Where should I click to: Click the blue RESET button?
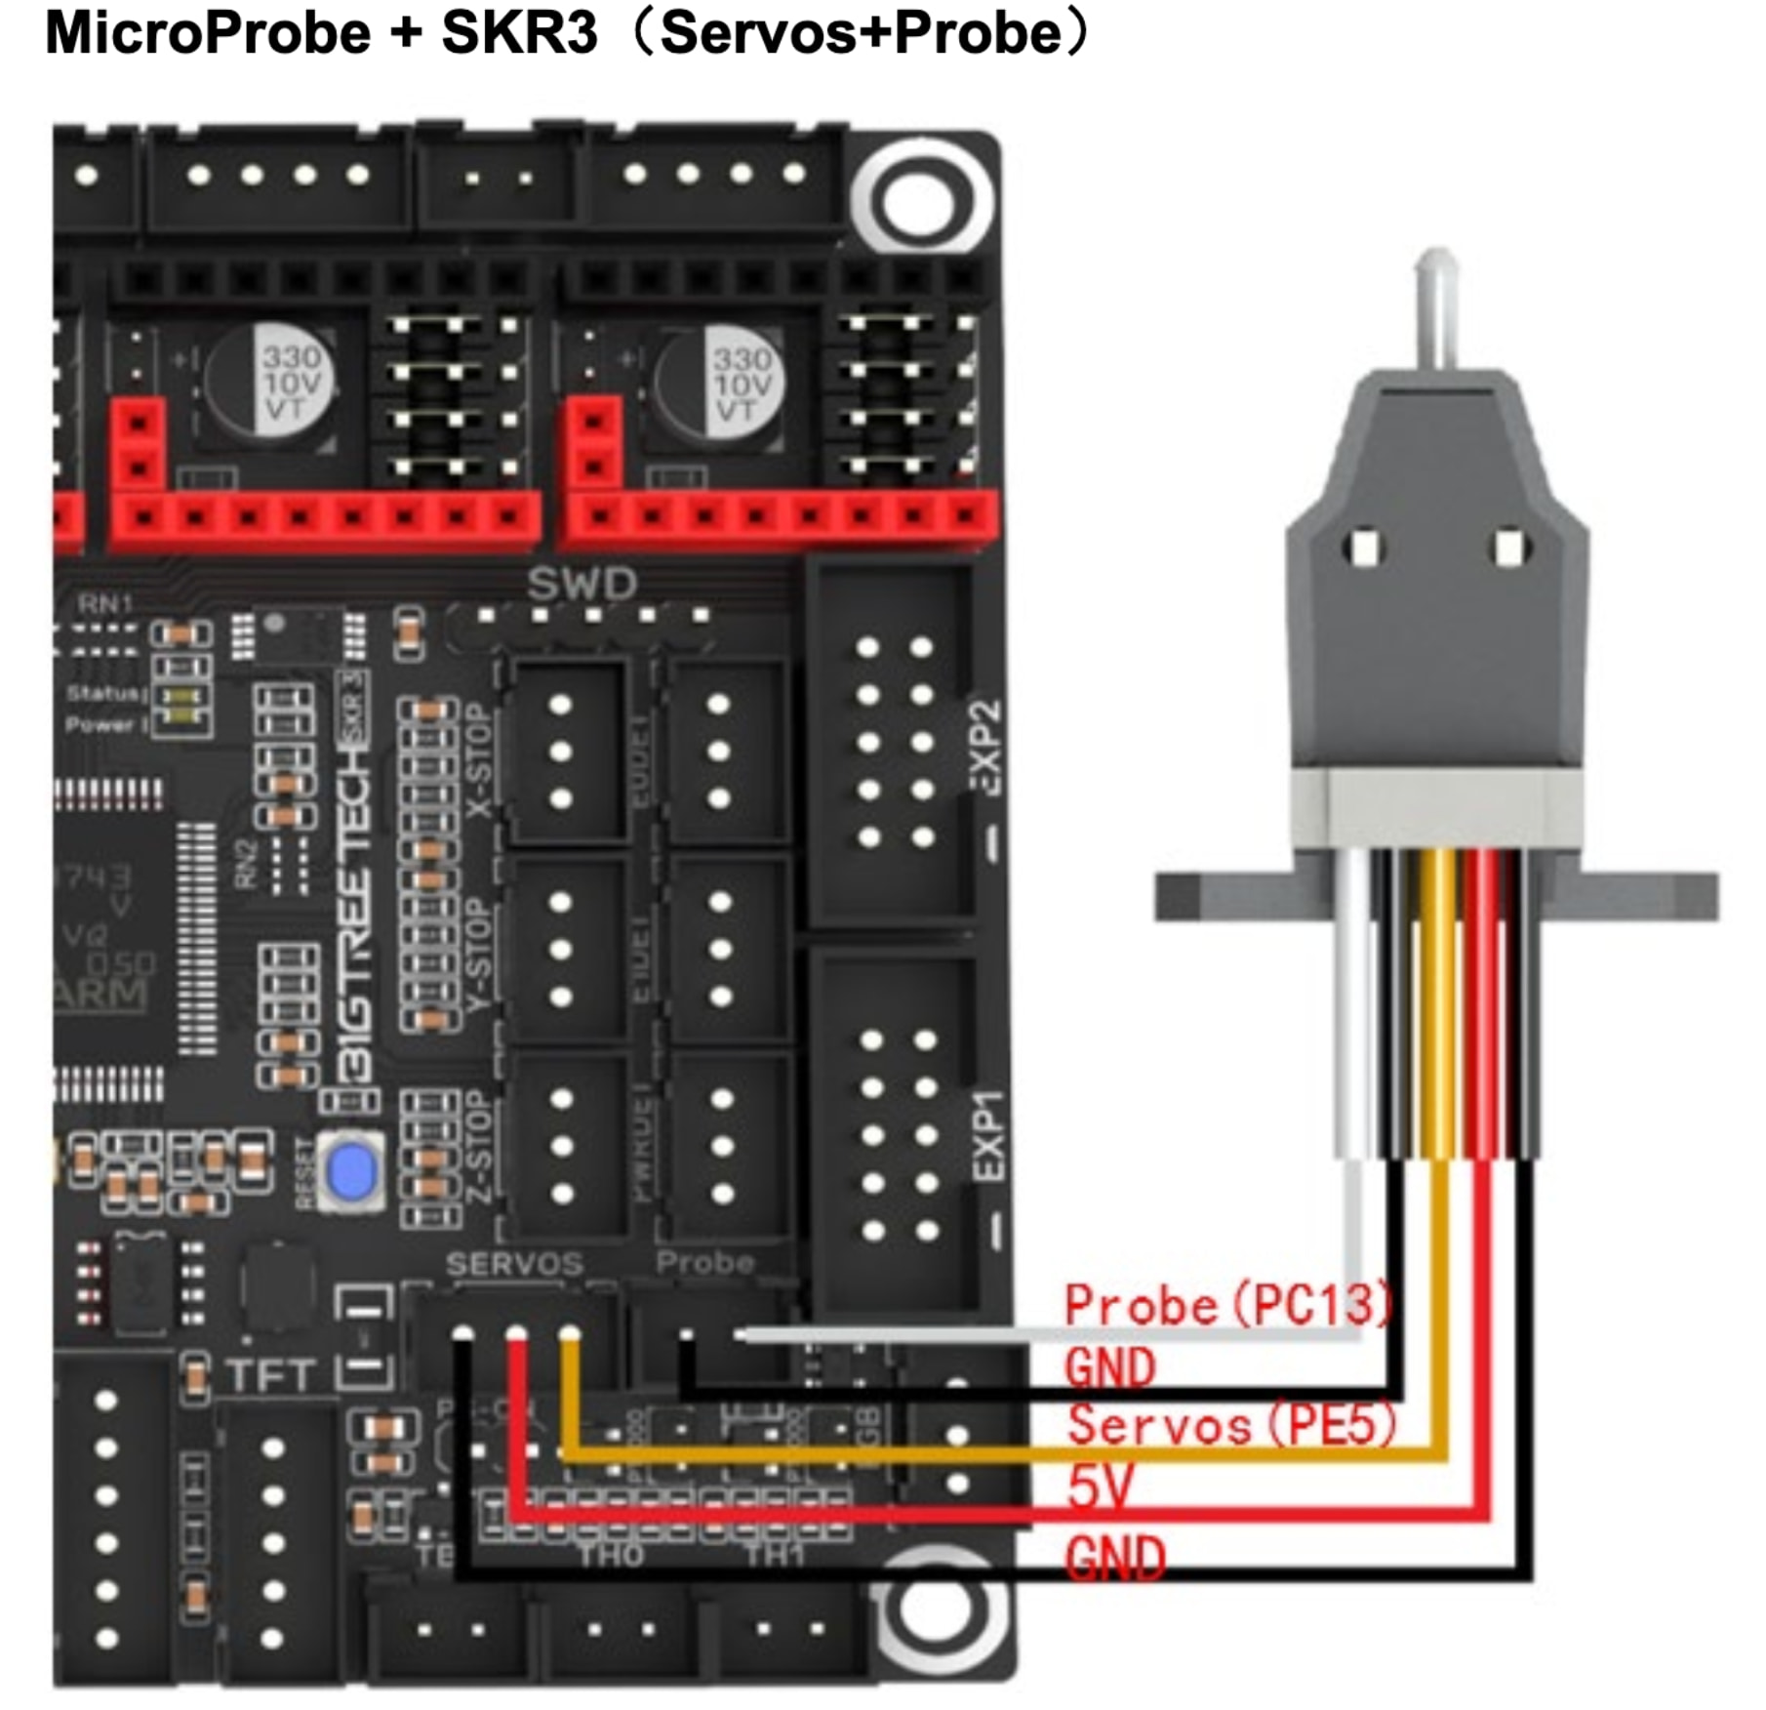[x=352, y=1171]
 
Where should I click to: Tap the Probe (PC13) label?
[x=1228, y=1306]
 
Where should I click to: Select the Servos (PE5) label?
[x=1232, y=1426]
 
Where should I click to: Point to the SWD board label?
[x=582, y=584]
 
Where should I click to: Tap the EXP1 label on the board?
[x=987, y=1135]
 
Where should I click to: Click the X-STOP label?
[x=479, y=761]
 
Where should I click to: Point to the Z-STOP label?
[x=477, y=1148]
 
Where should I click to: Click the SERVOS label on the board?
[x=514, y=1265]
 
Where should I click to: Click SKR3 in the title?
[x=518, y=33]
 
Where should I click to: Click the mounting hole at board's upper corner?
[x=921, y=200]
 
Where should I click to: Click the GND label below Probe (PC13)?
[x=1110, y=1367]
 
